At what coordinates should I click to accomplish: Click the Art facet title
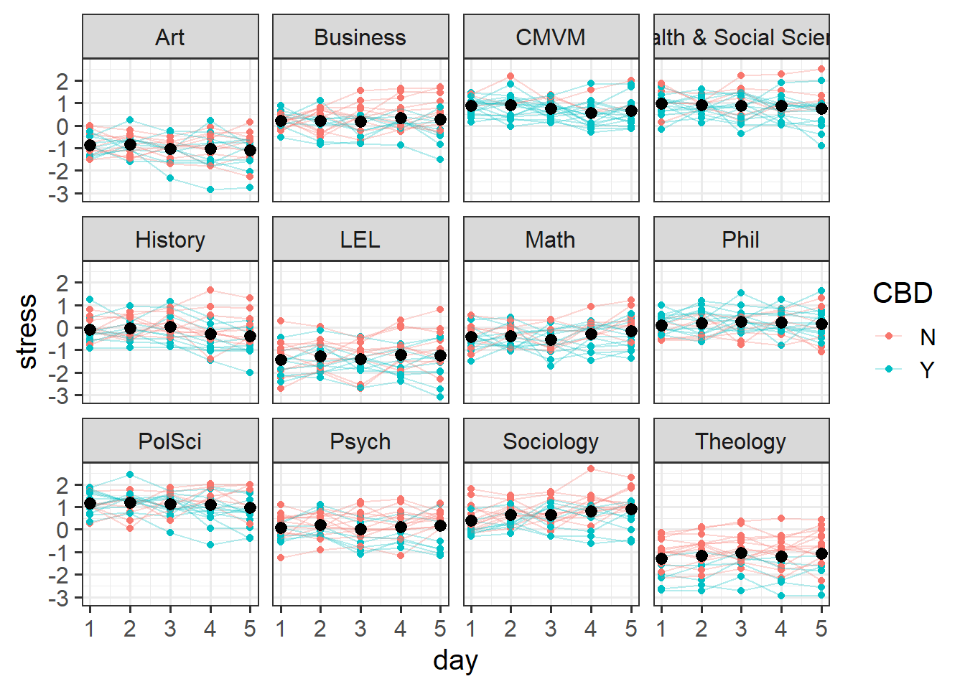coord(170,37)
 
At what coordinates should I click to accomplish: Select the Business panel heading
coord(360,37)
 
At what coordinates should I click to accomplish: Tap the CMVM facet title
coord(551,37)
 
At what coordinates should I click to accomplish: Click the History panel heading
coord(170,240)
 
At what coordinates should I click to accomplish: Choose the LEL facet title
coord(360,240)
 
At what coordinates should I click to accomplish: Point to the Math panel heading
coord(551,240)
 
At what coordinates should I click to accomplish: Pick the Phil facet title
coord(741,240)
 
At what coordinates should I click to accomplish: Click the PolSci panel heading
coord(170,441)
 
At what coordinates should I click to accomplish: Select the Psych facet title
coord(360,441)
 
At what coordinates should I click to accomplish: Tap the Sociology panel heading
coord(551,441)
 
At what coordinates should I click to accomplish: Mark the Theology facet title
coord(741,441)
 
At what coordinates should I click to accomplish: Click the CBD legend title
coord(903,293)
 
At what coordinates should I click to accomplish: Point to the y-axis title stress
coord(27,332)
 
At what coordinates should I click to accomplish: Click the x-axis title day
coord(455,660)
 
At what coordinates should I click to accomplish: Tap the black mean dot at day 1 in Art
coord(90,146)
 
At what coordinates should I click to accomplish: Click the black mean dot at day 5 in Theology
coord(821,554)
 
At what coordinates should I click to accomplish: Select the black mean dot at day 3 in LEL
coord(360,360)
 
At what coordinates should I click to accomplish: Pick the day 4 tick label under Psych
coord(401,629)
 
